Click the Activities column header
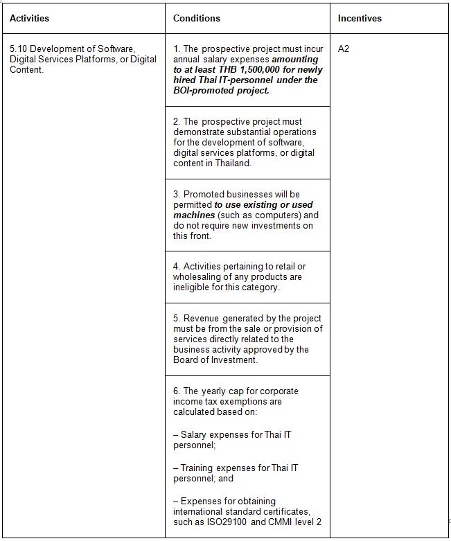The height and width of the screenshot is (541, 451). (x=30, y=18)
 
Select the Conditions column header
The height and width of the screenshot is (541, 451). (x=197, y=18)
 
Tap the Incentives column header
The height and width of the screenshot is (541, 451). (x=360, y=18)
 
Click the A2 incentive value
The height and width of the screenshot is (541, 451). (x=344, y=49)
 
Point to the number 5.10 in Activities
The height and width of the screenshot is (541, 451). (x=19, y=49)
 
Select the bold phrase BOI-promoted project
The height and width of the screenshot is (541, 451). (x=221, y=90)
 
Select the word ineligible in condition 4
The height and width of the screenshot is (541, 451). (x=191, y=287)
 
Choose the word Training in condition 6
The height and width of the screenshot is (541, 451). (x=198, y=468)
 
